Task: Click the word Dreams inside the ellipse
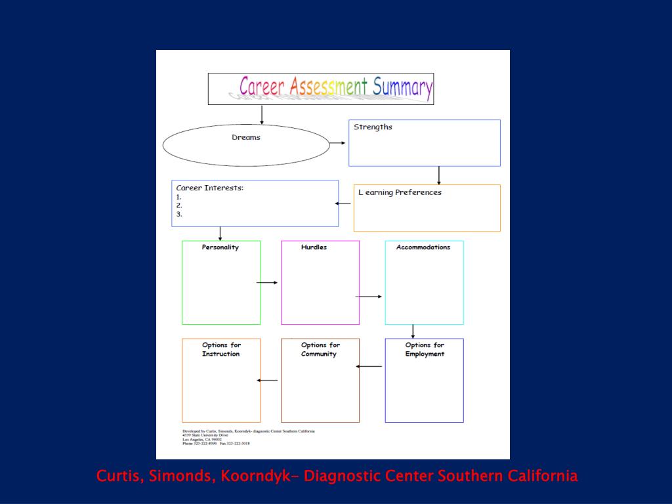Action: [x=246, y=137]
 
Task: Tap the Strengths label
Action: [x=373, y=127]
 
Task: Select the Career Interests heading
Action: [x=209, y=188]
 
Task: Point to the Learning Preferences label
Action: [x=400, y=192]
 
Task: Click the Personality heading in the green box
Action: [x=220, y=247]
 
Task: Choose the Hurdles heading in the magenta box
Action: [x=314, y=247]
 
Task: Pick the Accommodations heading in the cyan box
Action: [x=423, y=247]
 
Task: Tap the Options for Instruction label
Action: [x=221, y=349]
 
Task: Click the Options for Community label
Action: [x=320, y=349]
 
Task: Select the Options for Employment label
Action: [x=425, y=349]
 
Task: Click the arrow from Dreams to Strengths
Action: [x=338, y=142]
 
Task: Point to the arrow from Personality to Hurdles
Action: [x=267, y=283]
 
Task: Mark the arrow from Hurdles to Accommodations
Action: [x=369, y=297]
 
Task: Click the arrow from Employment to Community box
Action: [x=369, y=366]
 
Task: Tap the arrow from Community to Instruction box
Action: [x=268, y=381]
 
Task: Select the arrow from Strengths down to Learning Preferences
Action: [x=439, y=175]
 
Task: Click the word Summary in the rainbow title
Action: [x=402, y=87]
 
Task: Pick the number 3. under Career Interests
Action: [x=179, y=214]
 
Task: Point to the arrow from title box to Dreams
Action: [x=262, y=114]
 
